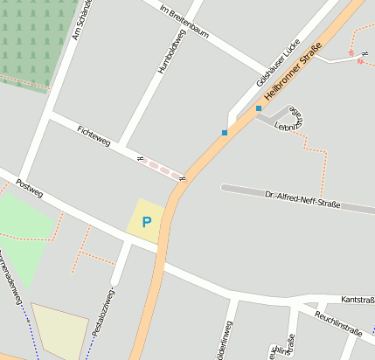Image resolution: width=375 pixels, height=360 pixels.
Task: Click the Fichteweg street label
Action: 94,135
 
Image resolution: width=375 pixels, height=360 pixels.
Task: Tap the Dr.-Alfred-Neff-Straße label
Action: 301,197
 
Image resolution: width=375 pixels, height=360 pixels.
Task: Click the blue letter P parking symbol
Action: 146,223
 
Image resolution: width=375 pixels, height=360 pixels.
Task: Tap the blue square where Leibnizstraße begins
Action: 258,108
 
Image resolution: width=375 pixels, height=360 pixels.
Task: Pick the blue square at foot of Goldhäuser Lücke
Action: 225,133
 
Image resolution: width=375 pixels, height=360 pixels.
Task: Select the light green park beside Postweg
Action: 24,232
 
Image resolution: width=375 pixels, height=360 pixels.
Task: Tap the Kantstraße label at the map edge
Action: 358,299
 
